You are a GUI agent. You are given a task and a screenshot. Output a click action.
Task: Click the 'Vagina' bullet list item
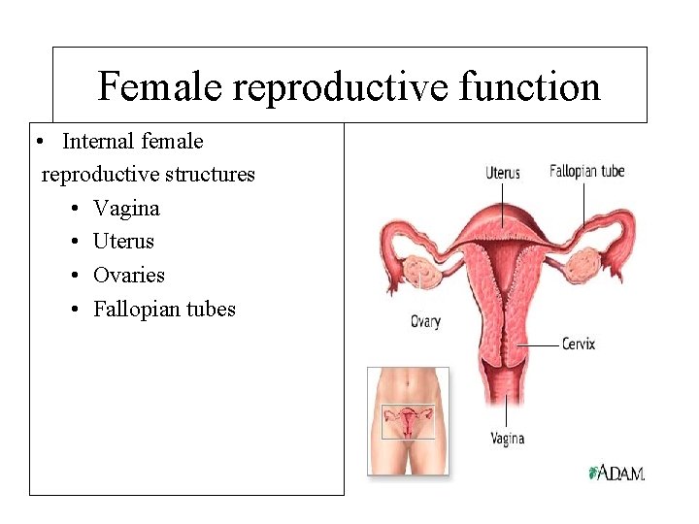point(126,208)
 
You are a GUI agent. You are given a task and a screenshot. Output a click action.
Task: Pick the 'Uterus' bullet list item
point(123,242)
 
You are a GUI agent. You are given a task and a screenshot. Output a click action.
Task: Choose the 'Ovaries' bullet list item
point(128,276)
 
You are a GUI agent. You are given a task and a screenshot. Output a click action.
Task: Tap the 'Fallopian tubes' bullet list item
point(164,310)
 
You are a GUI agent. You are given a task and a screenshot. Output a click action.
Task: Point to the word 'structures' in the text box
point(209,175)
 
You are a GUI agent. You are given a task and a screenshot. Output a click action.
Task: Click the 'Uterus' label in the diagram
point(503,174)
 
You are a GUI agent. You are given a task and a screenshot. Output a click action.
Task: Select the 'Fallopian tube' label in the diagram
point(586,172)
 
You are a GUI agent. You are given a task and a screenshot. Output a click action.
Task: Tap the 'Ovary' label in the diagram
point(425,321)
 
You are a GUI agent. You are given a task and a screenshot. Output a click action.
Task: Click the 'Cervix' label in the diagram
point(579,344)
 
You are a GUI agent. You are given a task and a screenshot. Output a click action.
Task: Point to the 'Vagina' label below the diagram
point(507,439)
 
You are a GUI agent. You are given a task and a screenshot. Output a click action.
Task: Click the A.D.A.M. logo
point(617,473)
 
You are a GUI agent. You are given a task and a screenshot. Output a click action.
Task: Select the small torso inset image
point(408,420)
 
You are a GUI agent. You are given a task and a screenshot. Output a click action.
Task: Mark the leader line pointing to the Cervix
point(539,344)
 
